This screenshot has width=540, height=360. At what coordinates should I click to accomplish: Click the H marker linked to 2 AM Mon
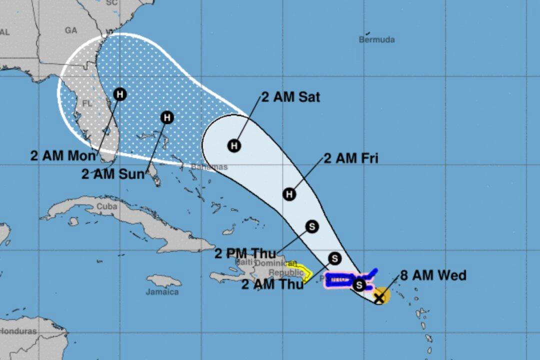pyautogui.click(x=119, y=94)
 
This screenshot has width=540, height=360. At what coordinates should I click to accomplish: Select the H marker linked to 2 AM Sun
pyautogui.click(x=167, y=117)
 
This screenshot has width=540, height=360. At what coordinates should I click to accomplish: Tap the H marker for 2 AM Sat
pyautogui.click(x=234, y=146)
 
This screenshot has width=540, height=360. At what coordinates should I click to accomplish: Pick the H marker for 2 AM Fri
pyautogui.click(x=289, y=194)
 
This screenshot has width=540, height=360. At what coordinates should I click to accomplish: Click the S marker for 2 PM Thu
pyautogui.click(x=312, y=226)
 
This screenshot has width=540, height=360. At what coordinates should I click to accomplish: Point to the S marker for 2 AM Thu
pyautogui.click(x=335, y=258)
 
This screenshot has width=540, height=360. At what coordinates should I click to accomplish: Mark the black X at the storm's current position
pyautogui.click(x=379, y=297)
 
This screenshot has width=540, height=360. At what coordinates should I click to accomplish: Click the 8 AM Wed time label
pyautogui.click(x=433, y=275)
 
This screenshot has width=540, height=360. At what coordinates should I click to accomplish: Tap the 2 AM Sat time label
pyautogui.click(x=290, y=97)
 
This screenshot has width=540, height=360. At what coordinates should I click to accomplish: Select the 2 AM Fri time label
pyautogui.click(x=351, y=158)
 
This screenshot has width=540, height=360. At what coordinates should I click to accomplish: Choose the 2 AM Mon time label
pyautogui.click(x=62, y=155)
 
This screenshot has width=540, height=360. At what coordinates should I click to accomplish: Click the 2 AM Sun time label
pyautogui.click(x=113, y=174)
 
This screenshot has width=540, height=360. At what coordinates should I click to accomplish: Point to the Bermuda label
pyautogui.click(x=376, y=39)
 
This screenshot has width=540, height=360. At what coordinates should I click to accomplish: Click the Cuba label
pyautogui.click(x=107, y=206)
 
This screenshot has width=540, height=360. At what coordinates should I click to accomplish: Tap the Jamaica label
pyautogui.click(x=162, y=291)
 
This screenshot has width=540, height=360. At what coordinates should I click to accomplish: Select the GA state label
pyautogui.click(x=71, y=30)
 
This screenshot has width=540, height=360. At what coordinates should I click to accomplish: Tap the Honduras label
pyautogui.click(x=18, y=331)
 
